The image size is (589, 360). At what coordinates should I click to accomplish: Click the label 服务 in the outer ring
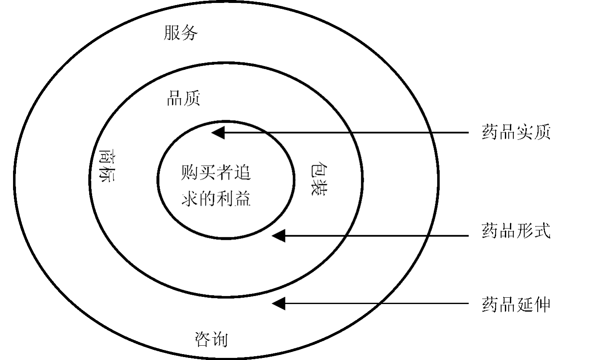point(180,33)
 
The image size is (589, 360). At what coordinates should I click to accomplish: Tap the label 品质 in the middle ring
point(183,99)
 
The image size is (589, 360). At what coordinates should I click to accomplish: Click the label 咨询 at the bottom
point(211,339)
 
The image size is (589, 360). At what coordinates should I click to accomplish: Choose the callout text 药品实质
point(516,132)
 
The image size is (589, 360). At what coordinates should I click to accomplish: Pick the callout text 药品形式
point(516,231)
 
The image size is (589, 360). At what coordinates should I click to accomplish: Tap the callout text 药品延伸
point(516,305)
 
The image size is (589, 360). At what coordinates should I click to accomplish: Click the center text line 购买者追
point(216,172)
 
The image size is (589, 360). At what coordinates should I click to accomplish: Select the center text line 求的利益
point(216,198)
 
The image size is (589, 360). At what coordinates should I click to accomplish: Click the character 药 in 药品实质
point(490,132)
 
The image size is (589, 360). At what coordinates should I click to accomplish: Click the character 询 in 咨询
point(220,339)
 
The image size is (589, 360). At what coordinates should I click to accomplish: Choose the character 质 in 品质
point(192,99)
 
